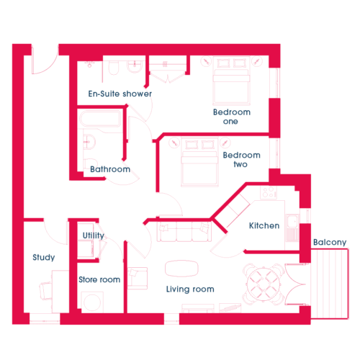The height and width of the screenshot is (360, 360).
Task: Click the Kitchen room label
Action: [x=264, y=225]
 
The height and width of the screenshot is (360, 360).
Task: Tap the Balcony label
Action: [x=330, y=242]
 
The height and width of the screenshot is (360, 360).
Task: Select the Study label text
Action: [x=44, y=257]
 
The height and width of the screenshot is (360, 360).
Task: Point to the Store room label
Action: [x=99, y=279]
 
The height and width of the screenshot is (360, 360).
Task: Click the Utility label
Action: [x=94, y=235]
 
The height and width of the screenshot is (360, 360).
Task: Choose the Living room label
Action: [x=190, y=289]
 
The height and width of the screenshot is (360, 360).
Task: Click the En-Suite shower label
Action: [x=120, y=94]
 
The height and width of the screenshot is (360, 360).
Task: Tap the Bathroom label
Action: [x=110, y=169]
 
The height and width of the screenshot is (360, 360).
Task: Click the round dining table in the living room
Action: [x=264, y=284]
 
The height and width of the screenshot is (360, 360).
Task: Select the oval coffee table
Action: [x=181, y=269]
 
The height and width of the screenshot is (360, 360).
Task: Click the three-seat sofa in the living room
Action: [x=184, y=231]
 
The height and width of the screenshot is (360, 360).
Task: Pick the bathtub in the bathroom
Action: [x=100, y=119]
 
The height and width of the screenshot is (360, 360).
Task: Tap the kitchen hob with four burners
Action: [x=269, y=192]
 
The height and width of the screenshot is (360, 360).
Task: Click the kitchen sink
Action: [x=292, y=221]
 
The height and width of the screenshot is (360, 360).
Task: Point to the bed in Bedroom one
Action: [x=231, y=81]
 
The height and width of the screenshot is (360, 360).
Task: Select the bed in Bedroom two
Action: [x=199, y=162]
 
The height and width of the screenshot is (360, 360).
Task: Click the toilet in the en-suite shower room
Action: [x=114, y=68]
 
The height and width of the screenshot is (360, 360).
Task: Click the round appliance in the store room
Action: [x=92, y=302]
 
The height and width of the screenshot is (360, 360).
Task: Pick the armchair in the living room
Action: [x=138, y=278]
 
